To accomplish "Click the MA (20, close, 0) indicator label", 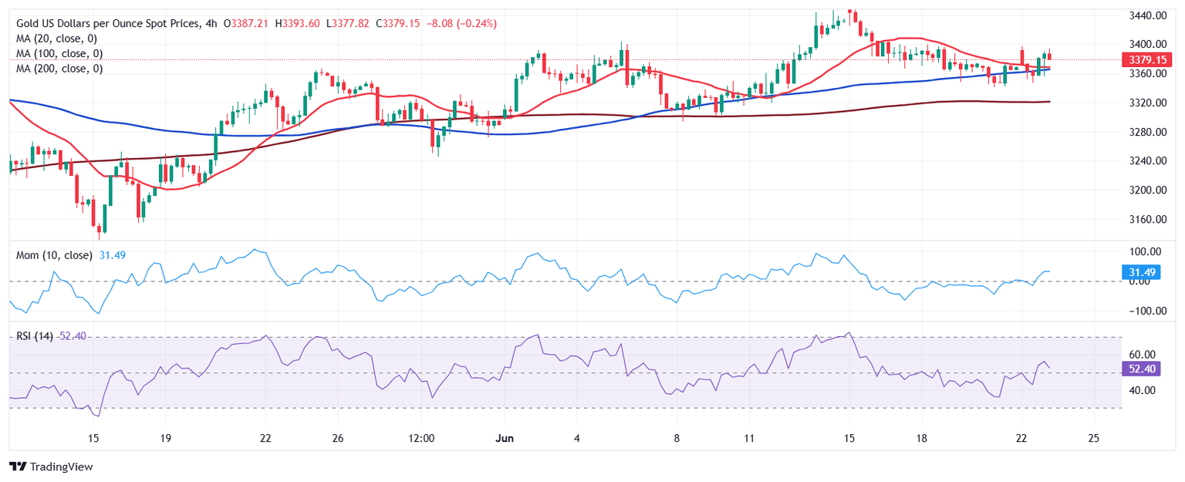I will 59,39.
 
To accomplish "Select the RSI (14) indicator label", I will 35,337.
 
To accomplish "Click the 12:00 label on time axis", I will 422,438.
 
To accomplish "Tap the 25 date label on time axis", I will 1093,438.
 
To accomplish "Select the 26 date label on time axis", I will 336,438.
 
